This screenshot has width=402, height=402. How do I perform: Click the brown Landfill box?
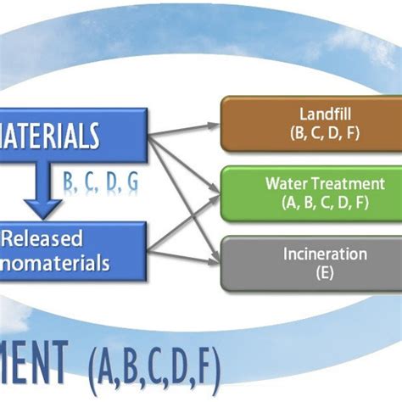coord(310,124)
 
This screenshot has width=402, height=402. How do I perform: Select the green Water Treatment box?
coord(310,193)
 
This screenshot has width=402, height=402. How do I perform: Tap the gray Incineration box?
coord(310,263)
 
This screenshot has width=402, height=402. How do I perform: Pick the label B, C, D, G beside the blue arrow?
coord(101,182)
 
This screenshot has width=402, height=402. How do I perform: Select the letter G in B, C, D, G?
coord(132,182)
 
